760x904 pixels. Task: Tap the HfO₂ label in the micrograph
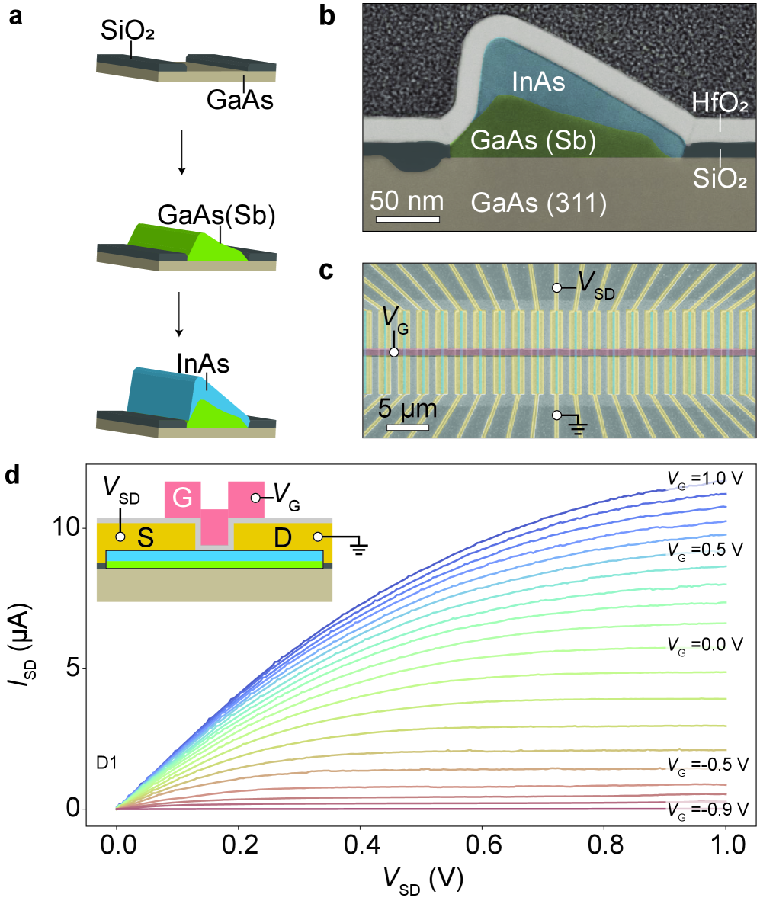click(718, 104)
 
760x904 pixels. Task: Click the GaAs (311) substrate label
click(539, 203)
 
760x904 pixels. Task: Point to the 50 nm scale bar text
click(406, 201)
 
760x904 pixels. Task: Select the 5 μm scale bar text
click(409, 409)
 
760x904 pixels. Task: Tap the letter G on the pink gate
click(182, 498)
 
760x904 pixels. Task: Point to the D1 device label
click(107, 761)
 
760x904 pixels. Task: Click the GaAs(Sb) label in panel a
click(216, 216)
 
